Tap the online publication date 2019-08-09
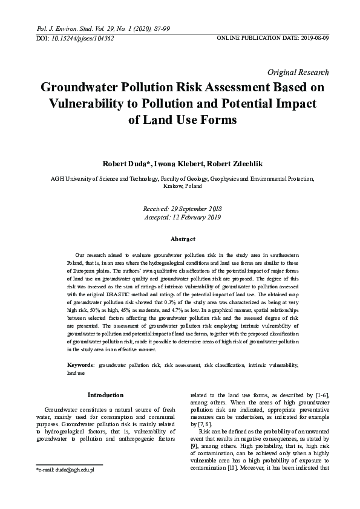point(312,38)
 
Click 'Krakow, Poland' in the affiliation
point(180,187)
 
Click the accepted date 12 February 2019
point(194,216)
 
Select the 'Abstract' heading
point(180,239)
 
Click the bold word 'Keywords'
point(79,366)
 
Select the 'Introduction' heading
point(105,395)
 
